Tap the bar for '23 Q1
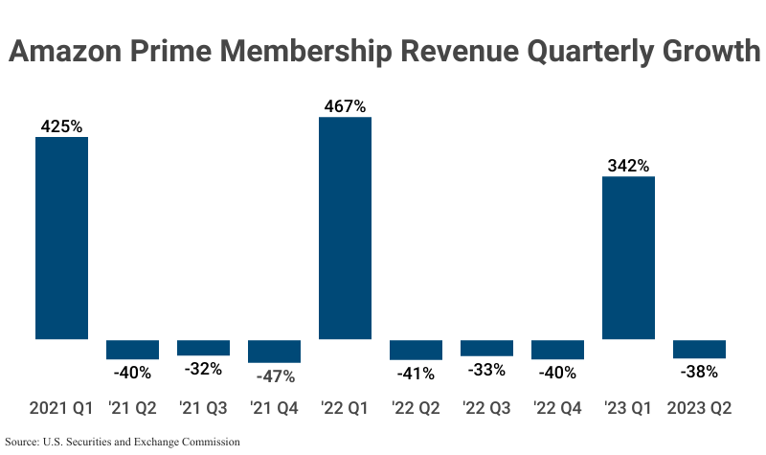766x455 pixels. (628, 258)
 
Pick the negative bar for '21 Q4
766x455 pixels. (274, 351)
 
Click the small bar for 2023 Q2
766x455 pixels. (699, 349)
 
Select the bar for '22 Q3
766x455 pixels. (486, 348)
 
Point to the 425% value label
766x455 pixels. (61, 125)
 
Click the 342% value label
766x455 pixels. (628, 165)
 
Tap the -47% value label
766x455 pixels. (274, 376)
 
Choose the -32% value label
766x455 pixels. (203, 369)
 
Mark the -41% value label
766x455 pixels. (416, 373)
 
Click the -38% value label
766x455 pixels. (699, 372)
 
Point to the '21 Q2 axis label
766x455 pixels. (132, 409)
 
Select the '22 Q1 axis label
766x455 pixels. (345, 409)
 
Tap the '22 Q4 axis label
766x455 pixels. (557, 409)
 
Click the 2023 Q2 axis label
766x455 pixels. (699, 409)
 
